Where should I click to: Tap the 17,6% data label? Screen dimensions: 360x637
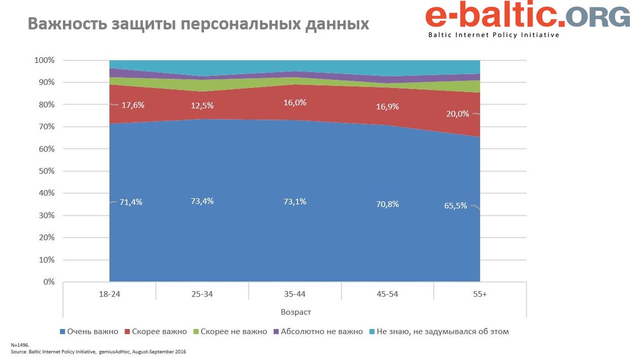134,105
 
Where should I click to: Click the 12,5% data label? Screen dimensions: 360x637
203,105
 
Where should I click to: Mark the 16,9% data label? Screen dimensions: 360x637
388,106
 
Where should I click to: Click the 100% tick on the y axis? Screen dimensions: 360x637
44,60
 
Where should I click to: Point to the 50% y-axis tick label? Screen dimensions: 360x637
46,171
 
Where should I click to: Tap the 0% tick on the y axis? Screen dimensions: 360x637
48,282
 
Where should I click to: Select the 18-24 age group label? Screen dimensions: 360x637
109,294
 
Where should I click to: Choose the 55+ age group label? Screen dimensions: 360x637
480,294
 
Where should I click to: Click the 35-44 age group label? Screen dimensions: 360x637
295,294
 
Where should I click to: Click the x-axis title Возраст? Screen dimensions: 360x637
295,311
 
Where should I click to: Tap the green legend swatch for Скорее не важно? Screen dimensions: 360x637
196,332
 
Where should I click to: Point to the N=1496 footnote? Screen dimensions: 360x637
20,345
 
